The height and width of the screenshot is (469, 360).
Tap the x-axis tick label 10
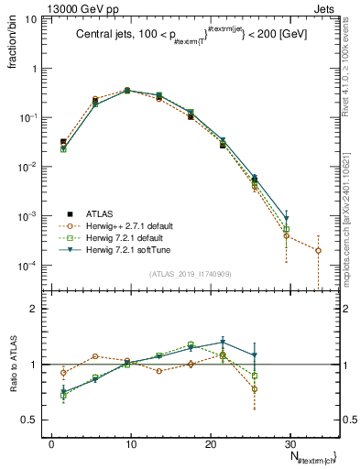tap(131, 442)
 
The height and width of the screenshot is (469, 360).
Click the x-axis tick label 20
tap(210, 442)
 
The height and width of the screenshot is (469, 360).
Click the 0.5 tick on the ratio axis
tap(34, 420)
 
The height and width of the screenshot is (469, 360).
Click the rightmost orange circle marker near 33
tap(318, 250)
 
